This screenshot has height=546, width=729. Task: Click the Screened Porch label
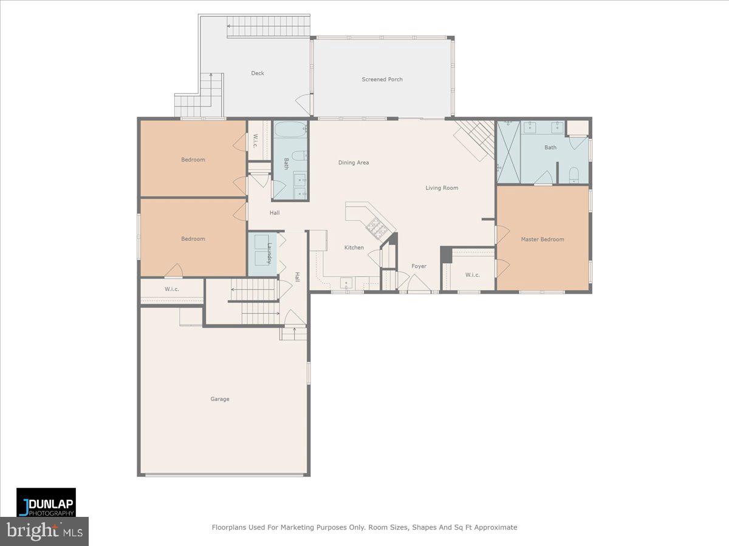click(382, 79)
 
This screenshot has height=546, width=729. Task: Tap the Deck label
click(258, 73)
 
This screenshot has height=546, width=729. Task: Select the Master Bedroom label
click(542, 239)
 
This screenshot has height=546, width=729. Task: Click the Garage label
click(220, 399)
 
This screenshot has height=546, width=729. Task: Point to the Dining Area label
click(354, 163)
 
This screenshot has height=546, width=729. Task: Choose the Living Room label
click(442, 188)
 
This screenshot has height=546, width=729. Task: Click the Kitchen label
click(354, 248)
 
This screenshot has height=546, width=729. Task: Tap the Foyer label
click(419, 266)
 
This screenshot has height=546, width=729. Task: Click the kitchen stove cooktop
click(376, 227)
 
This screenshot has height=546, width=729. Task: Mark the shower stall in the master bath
click(508, 152)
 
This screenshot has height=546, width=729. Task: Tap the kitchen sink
click(346, 283)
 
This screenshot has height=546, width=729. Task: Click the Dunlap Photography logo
click(46, 502)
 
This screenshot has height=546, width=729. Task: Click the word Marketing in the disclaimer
click(284, 528)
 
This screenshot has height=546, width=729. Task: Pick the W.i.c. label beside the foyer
click(473, 275)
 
